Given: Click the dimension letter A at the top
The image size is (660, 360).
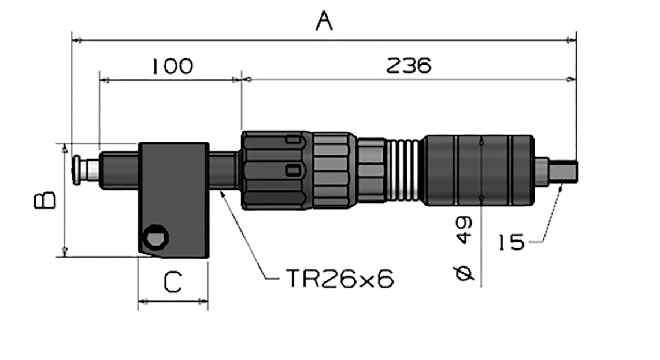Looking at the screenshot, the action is click(x=324, y=21).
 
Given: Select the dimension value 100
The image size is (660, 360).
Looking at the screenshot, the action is click(x=173, y=66).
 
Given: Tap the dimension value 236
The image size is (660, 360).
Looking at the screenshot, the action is click(x=409, y=66).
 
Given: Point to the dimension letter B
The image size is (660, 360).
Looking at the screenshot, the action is click(x=45, y=200).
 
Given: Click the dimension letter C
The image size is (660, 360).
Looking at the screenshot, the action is click(x=173, y=281).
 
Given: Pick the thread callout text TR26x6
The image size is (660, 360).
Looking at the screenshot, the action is click(x=340, y=279).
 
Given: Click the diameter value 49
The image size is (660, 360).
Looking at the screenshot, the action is click(x=464, y=231).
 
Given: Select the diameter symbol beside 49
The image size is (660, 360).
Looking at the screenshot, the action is click(x=464, y=273).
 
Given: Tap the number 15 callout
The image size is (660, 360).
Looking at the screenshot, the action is click(x=512, y=243).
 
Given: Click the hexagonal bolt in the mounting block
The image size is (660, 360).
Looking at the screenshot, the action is click(x=155, y=237).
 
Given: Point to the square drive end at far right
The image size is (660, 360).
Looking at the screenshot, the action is click(x=563, y=172).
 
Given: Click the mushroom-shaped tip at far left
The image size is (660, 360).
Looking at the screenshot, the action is click(x=77, y=170).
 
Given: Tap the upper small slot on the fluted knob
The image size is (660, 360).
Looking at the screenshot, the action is click(x=294, y=139).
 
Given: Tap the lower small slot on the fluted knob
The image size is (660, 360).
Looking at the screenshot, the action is click(x=294, y=170).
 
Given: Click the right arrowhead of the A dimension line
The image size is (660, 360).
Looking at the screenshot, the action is click(x=572, y=40).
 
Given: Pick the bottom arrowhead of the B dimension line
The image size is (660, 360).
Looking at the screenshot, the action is click(x=64, y=252).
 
